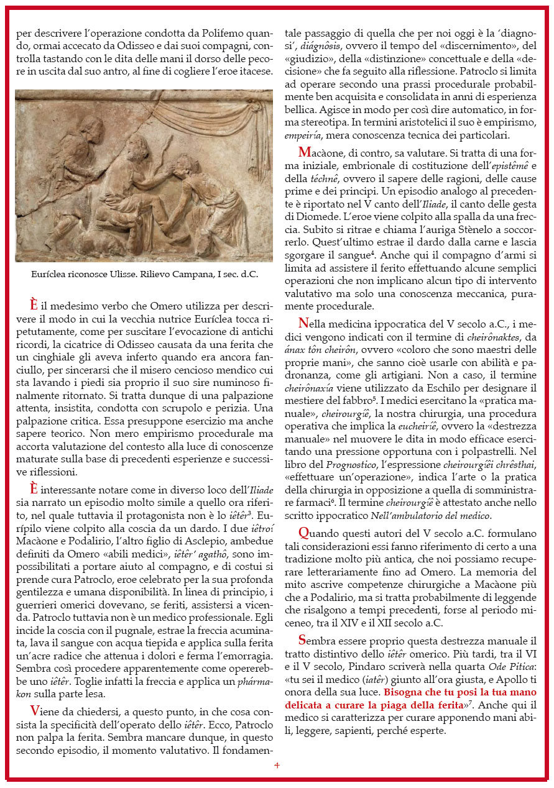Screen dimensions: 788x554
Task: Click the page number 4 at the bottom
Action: coord(277,765)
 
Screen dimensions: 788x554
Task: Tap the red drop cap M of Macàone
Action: coord(304,152)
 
